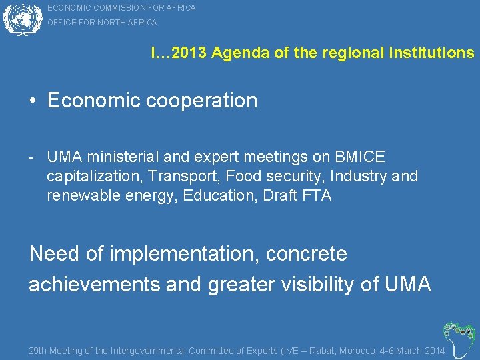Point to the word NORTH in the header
(x=111, y=23)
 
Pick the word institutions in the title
(x=433, y=53)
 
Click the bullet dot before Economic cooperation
(x=33, y=101)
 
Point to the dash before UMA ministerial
(x=32, y=157)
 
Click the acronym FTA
(x=316, y=196)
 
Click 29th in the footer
(x=38, y=351)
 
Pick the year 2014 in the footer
(x=434, y=351)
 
